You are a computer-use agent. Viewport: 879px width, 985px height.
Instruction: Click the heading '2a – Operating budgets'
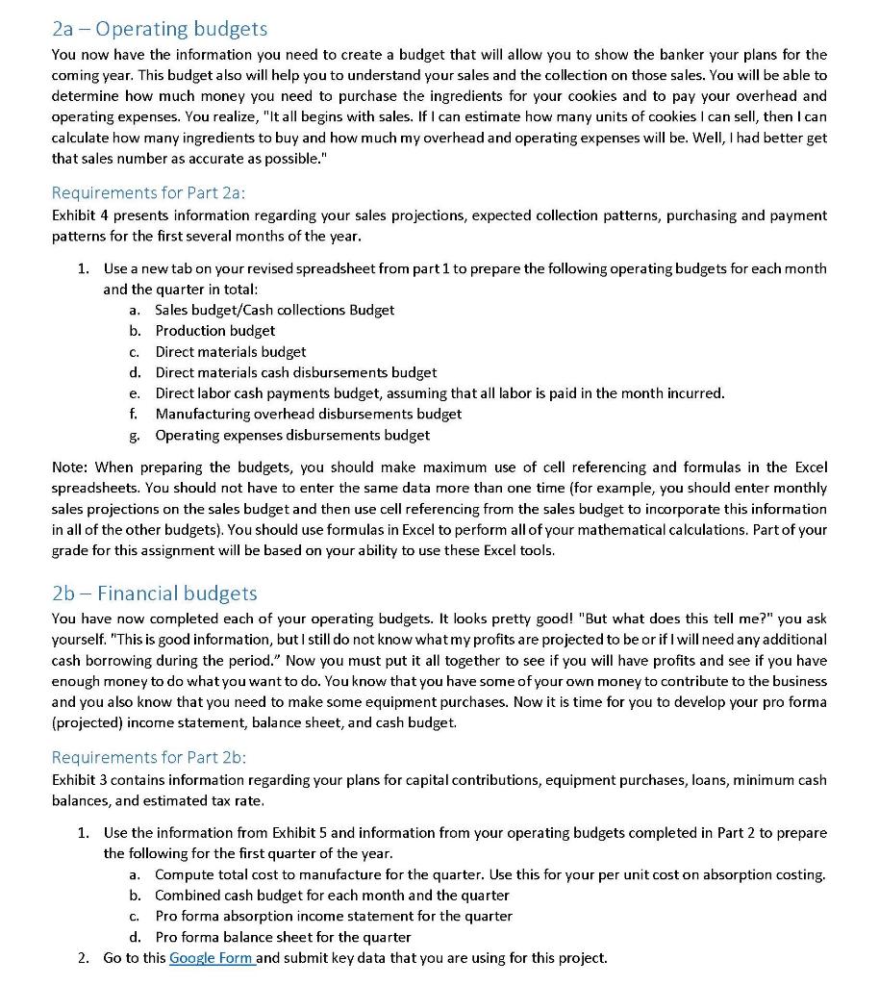159,29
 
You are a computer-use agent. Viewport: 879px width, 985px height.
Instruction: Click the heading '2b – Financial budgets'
154,594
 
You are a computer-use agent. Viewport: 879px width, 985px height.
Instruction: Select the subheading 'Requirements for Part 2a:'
148,192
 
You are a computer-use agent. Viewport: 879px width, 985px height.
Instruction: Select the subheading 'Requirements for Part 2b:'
148,757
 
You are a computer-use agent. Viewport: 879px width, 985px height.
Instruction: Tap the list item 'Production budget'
214,330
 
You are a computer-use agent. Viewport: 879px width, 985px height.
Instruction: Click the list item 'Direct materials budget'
231,351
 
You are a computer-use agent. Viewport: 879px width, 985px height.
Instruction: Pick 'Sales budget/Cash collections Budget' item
274,309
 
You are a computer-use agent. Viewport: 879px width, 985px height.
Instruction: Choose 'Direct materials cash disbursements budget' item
295,372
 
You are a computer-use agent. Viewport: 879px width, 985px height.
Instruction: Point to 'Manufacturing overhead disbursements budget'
308,414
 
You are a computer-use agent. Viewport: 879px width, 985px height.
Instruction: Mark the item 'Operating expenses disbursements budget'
292,435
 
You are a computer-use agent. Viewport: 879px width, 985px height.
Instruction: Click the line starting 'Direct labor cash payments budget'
439,392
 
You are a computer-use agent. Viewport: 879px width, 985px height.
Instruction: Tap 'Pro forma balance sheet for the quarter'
283,936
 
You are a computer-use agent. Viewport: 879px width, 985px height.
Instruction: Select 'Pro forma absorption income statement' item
333,915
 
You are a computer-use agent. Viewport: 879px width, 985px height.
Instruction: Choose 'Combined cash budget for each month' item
332,895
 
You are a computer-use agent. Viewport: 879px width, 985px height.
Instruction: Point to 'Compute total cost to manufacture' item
490,874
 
